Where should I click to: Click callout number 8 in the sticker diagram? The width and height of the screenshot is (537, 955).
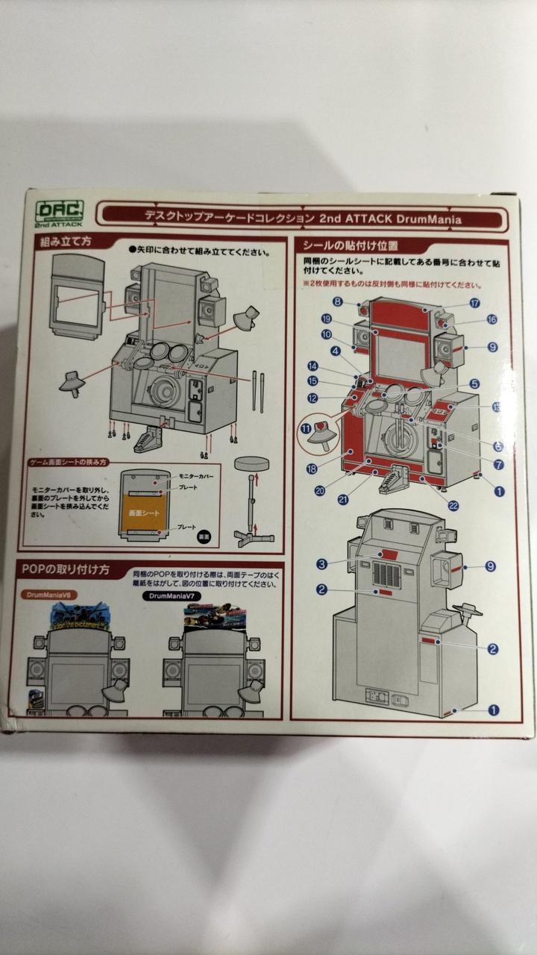pos(337,301)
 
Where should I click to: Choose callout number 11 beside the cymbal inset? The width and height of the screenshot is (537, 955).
pos(306,428)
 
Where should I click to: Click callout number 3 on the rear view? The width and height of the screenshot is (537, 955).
pos(321,563)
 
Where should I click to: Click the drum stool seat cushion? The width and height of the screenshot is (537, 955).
pos(251,463)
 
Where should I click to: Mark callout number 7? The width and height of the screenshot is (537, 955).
pos(498,464)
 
